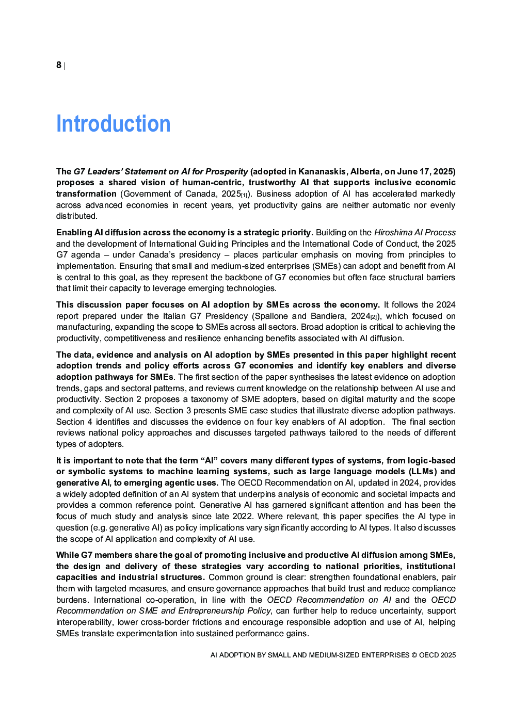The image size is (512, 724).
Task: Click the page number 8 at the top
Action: [59, 65]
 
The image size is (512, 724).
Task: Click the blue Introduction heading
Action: [113, 124]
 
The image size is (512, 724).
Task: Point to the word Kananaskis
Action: [322, 171]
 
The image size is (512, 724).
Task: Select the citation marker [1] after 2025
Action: [245, 195]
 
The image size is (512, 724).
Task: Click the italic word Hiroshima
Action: [393, 232]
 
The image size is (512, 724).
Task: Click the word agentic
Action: [172, 482]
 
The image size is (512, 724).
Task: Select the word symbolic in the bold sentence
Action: [85, 471]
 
